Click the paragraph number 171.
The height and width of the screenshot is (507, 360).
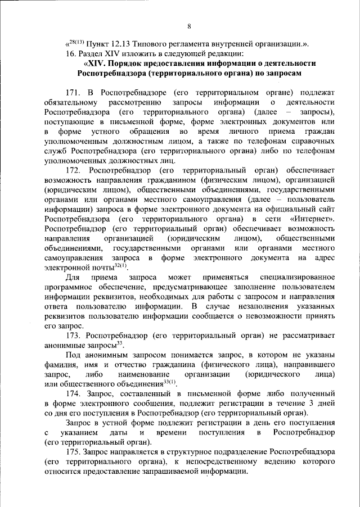[x=74, y=92]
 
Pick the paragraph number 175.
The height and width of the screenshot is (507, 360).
[x=74, y=451]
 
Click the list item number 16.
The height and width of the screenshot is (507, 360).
[x=70, y=54]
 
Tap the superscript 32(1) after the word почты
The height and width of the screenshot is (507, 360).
[x=121, y=265]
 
